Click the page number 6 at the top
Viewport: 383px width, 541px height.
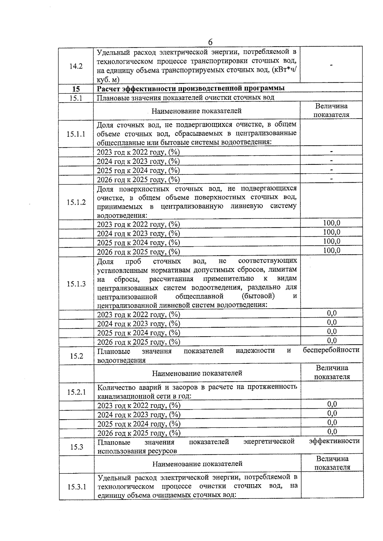click(x=210, y=42)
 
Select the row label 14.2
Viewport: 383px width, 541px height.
click(x=76, y=66)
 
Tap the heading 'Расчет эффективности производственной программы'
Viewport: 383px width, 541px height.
click(x=191, y=88)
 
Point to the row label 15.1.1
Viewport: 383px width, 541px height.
click(x=76, y=134)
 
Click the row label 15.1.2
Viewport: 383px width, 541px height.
click(x=76, y=202)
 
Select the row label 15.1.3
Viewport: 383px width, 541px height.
click(x=76, y=284)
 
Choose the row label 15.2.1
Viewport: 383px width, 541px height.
click(x=76, y=392)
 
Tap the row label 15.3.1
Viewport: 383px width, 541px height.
click(x=77, y=487)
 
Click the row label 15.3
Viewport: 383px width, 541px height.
click(x=77, y=447)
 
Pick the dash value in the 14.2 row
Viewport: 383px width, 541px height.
click(x=331, y=65)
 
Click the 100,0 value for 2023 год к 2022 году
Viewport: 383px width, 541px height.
click(x=332, y=223)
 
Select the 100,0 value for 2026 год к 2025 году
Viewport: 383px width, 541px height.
click(x=332, y=251)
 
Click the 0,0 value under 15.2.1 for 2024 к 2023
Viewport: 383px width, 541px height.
click(x=332, y=413)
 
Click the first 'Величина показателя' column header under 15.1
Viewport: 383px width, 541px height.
click(x=331, y=110)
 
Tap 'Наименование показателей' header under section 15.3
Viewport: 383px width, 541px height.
click(x=197, y=464)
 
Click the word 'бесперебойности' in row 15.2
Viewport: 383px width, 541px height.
click(x=331, y=350)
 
